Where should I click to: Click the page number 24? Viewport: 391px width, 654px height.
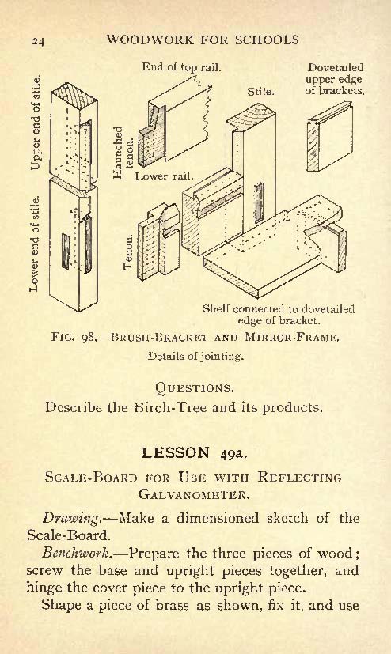tap(38, 41)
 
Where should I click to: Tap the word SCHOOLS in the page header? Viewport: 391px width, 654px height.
tap(267, 40)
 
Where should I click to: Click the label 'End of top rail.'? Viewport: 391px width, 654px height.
tap(181, 66)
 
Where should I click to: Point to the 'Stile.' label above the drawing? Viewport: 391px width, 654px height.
tap(261, 92)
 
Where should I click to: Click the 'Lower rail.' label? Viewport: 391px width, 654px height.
tap(165, 176)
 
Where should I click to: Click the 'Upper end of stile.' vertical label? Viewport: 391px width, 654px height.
tap(36, 123)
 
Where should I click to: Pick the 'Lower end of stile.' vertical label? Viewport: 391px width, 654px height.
tap(35, 244)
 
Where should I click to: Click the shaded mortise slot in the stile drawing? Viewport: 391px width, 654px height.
tap(260, 203)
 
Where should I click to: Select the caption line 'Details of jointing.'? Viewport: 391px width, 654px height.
tap(195, 357)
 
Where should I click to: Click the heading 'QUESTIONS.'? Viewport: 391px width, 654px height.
tap(195, 389)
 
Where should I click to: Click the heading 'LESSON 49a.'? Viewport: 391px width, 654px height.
tap(195, 453)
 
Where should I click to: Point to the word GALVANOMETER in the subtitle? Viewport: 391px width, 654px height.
tap(194, 495)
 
